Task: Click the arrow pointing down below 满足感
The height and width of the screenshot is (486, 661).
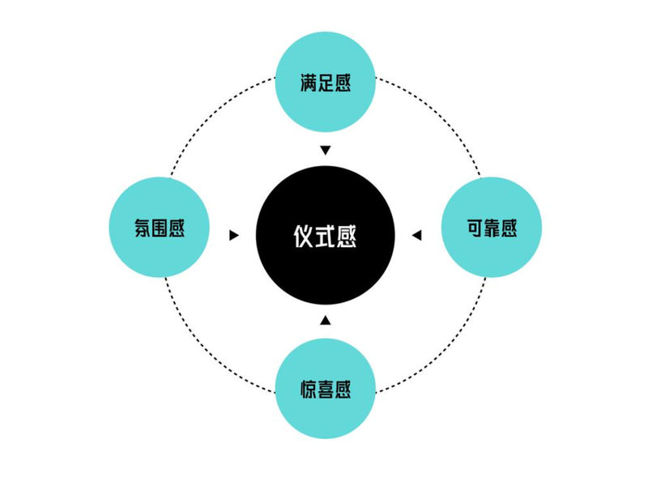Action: (326, 150)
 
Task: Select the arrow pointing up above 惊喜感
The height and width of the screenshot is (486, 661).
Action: (326, 320)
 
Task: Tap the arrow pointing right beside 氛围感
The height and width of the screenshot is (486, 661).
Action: (234, 236)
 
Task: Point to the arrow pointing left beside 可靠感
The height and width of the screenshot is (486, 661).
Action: (416, 236)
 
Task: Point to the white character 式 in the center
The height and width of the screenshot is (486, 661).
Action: (325, 236)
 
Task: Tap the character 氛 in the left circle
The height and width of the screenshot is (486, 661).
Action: (143, 228)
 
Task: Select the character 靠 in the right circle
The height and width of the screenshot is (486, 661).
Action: (491, 228)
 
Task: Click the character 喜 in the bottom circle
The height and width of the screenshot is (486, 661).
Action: (326, 390)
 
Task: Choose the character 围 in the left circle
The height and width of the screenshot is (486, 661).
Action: (160, 228)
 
